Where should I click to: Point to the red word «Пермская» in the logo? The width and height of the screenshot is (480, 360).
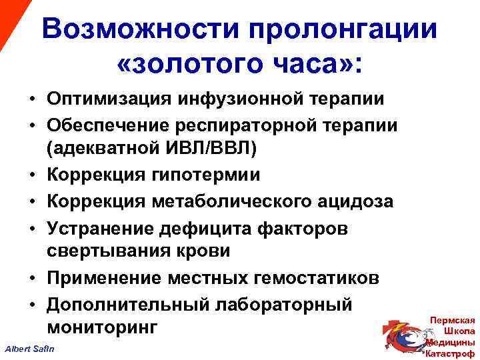pyautogui.click(x=453, y=319)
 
